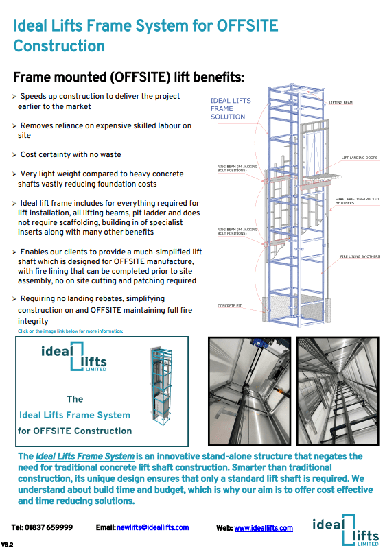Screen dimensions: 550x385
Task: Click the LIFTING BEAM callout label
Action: point(340,102)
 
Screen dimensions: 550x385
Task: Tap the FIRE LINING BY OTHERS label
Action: point(358,256)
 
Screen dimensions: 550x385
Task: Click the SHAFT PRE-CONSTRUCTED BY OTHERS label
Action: point(356,202)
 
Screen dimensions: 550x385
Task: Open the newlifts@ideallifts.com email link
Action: point(152,527)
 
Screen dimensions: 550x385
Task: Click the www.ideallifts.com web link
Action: point(264,527)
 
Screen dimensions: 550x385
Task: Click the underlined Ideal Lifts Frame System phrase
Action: point(84,456)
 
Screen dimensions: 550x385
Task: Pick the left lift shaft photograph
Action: point(248,391)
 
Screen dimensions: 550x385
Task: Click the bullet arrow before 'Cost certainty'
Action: point(15,155)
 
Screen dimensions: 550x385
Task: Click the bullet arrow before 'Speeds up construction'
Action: point(15,97)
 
